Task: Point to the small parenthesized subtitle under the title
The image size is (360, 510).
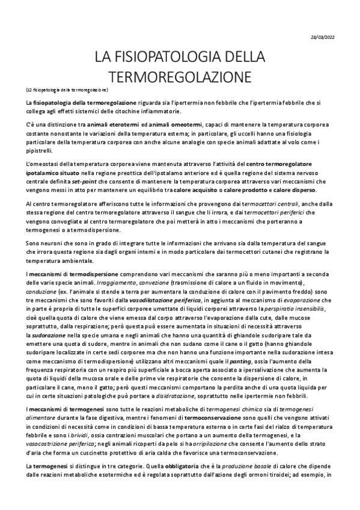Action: pyautogui.click(x=67, y=90)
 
